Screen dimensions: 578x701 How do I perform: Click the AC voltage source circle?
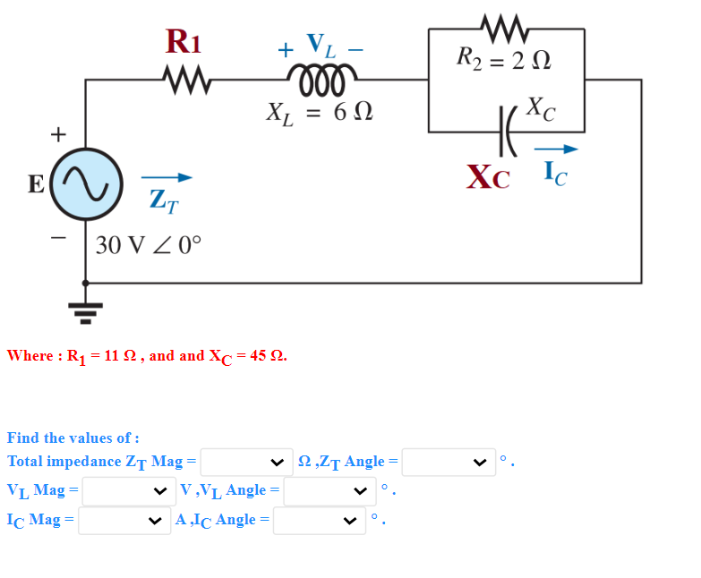click(x=86, y=184)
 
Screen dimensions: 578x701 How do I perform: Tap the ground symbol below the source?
click(x=86, y=309)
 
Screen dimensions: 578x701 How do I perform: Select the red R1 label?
click(x=184, y=42)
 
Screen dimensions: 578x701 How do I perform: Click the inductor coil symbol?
click(x=321, y=76)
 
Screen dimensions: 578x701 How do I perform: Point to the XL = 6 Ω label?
click(x=320, y=112)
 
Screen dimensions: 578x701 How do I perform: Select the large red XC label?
click(x=488, y=176)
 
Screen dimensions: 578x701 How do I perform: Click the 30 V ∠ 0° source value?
click(x=149, y=244)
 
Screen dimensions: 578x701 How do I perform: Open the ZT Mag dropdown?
click(x=246, y=462)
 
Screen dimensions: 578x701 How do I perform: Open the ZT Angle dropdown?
click(x=448, y=462)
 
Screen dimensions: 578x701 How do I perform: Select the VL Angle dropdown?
click(x=329, y=490)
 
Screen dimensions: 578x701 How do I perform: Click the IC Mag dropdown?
click(x=124, y=520)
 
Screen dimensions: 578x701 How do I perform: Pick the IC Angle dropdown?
click(x=319, y=520)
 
